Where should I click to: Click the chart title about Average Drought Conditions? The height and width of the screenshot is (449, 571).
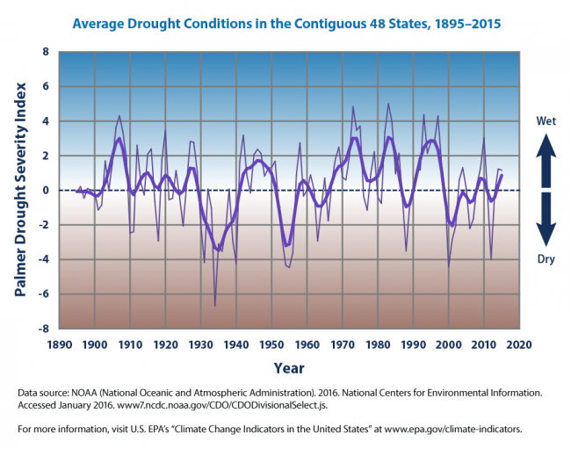click(286, 24)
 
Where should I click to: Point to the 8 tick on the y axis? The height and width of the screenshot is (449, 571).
click(47, 52)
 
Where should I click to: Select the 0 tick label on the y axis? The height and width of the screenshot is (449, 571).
click(47, 191)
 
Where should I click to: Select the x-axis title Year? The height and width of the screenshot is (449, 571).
click(289, 367)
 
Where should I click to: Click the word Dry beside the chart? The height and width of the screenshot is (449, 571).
click(546, 260)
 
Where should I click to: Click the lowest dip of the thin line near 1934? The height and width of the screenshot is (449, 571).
click(215, 306)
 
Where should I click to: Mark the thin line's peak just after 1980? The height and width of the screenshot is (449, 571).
click(388, 104)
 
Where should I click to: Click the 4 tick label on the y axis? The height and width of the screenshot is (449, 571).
click(47, 121)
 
